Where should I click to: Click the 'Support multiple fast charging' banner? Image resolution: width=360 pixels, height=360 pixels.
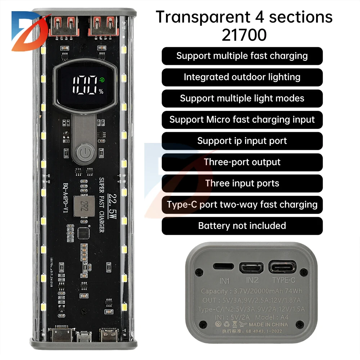point(242,56)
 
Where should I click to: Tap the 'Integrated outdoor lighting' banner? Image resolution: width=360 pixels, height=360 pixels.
point(242,77)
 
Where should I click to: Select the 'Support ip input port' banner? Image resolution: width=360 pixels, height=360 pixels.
point(242,141)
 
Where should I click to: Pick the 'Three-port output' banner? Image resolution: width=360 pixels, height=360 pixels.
point(242,162)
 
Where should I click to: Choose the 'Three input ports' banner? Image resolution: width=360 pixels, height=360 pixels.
point(242,183)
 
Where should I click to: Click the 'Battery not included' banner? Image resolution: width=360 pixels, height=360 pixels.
point(242,226)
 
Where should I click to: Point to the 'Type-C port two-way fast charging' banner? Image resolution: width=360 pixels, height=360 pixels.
point(242,204)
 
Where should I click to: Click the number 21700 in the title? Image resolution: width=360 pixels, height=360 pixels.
point(244,35)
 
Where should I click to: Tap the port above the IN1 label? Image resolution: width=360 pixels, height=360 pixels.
point(221,267)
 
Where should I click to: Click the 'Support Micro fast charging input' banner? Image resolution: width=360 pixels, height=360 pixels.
point(242,120)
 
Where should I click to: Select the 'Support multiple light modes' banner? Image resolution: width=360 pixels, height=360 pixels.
point(242,98)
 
